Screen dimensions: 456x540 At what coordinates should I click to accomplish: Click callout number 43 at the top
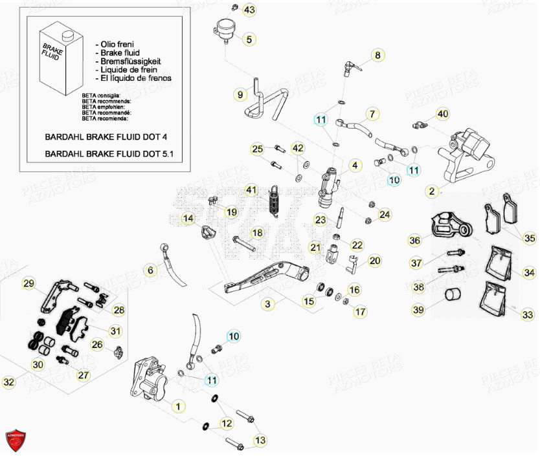249,10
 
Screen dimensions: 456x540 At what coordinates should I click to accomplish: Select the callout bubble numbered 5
249,39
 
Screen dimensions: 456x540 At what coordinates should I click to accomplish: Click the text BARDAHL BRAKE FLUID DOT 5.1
105,154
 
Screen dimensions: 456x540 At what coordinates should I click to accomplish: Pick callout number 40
442,114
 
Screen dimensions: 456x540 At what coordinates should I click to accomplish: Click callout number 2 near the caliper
432,191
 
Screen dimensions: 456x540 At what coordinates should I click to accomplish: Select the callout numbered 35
530,238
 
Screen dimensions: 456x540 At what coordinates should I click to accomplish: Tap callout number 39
418,310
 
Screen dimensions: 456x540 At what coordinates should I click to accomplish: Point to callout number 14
188,219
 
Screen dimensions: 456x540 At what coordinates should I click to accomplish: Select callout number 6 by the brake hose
150,271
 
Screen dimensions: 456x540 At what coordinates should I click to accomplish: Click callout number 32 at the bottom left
8,382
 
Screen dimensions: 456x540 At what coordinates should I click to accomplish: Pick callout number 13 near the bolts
260,440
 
